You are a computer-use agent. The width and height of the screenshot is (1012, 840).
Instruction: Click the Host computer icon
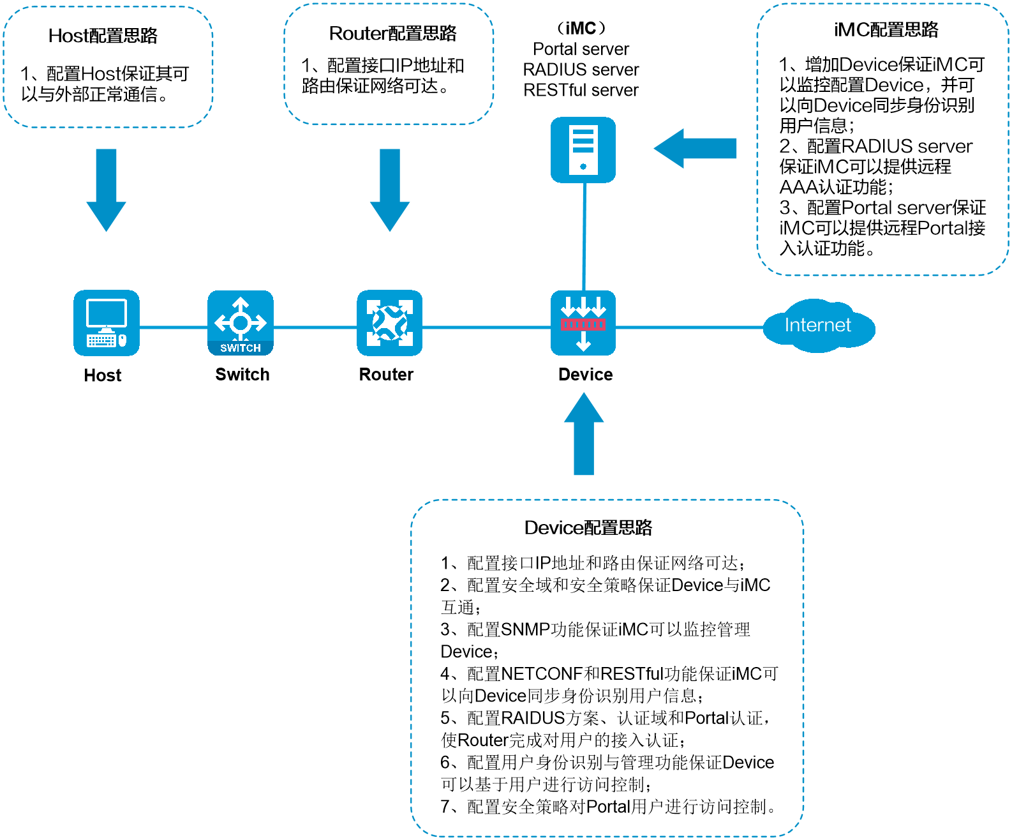pyautogui.click(x=106, y=322)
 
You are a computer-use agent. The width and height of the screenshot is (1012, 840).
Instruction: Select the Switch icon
pyautogui.click(x=241, y=322)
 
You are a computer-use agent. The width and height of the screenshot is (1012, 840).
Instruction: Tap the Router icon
pyautogui.click(x=390, y=322)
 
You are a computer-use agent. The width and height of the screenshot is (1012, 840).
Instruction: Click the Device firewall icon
pyautogui.click(x=583, y=322)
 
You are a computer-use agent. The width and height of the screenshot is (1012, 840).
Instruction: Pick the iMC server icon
pyautogui.click(x=583, y=150)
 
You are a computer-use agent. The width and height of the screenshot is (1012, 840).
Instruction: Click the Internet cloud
pyautogui.click(x=819, y=326)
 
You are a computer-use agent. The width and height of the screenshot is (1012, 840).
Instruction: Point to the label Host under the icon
pyautogui.click(x=102, y=375)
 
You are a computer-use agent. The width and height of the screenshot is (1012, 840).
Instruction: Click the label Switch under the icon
pyautogui.click(x=242, y=375)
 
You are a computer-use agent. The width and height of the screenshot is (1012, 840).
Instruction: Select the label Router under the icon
pyautogui.click(x=386, y=375)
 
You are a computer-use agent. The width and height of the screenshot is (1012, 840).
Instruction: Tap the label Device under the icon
pyautogui.click(x=586, y=375)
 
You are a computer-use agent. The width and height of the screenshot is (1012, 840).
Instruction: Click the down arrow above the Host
pyautogui.click(x=106, y=190)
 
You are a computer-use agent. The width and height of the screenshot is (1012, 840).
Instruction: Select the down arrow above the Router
pyautogui.click(x=390, y=190)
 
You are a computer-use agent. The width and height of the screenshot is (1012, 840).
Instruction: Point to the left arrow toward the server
pyautogui.click(x=695, y=149)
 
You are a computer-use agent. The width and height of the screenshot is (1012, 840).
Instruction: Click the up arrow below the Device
pyautogui.click(x=584, y=433)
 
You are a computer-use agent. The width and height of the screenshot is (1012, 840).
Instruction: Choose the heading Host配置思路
pyautogui.click(x=103, y=35)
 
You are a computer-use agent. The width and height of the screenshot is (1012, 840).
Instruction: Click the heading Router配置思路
pyautogui.click(x=392, y=33)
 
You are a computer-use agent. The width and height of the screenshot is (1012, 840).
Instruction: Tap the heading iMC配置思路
pyautogui.click(x=886, y=29)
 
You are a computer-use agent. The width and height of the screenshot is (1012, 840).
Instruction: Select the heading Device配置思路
pyautogui.click(x=588, y=528)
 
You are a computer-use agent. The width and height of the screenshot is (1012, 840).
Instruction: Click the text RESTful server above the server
pyautogui.click(x=581, y=90)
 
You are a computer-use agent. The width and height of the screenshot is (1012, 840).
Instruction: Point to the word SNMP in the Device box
pyautogui.click(x=525, y=629)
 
